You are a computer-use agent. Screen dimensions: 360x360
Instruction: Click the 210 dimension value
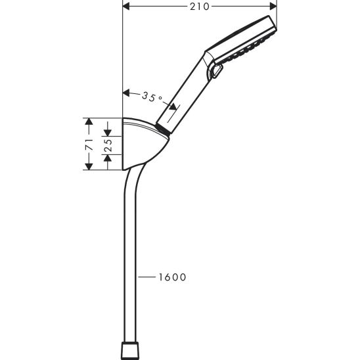pyautogui.click(x=200, y=7)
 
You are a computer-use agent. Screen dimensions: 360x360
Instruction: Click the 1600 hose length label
pyautogui.click(x=171, y=277)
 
